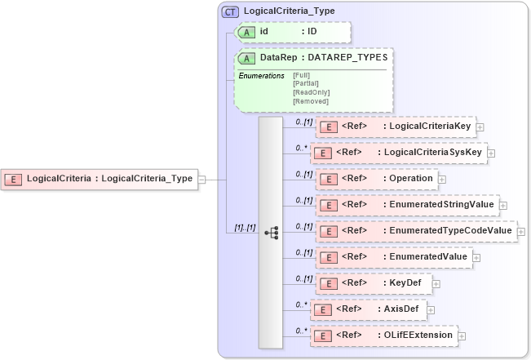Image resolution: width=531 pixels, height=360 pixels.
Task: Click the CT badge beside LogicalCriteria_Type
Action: click(232, 11)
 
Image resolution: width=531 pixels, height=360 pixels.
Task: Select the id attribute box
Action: click(294, 32)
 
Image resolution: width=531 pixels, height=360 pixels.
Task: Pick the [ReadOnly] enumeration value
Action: click(311, 92)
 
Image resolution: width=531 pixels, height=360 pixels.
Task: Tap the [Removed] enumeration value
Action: click(311, 100)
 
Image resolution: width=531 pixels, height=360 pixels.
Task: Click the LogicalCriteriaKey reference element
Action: click(396, 127)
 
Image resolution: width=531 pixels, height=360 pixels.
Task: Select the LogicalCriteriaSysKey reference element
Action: click(400, 153)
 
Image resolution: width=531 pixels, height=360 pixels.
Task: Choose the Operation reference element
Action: click(376, 179)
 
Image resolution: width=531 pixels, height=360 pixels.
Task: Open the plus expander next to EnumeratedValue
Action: click(477, 257)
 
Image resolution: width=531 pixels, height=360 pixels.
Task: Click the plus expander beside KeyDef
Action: click(436, 283)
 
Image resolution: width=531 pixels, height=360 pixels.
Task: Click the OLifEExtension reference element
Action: click(383, 336)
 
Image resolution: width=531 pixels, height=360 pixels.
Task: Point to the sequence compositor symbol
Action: click(271, 233)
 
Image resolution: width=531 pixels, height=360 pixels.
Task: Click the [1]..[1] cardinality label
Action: click(241, 228)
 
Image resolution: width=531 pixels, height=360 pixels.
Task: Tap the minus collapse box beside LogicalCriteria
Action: click(201, 179)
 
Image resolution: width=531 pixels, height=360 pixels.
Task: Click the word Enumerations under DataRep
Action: click(261, 76)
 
